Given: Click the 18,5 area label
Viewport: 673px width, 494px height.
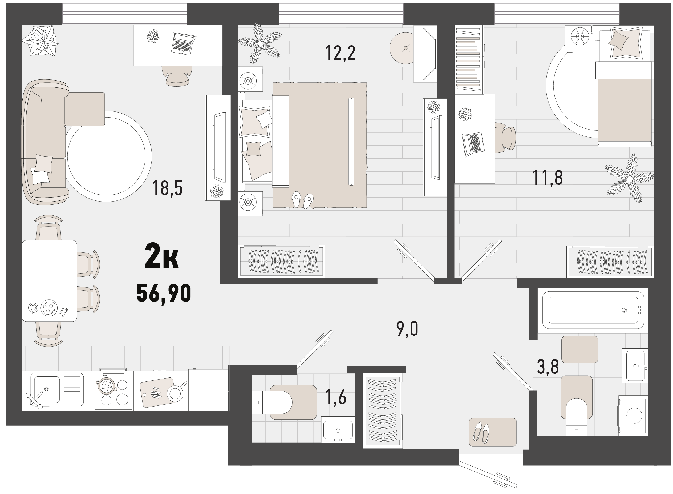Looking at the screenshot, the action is [167, 188].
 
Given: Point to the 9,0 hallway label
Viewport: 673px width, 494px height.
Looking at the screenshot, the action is [407, 329].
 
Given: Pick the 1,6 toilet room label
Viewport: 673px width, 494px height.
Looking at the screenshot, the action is [336, 397].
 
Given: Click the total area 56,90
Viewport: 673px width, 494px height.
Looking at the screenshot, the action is [164, 293].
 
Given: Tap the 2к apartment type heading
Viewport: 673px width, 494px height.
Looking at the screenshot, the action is [162, 256].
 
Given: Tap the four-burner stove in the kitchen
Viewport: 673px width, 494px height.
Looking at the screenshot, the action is [113, 391].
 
